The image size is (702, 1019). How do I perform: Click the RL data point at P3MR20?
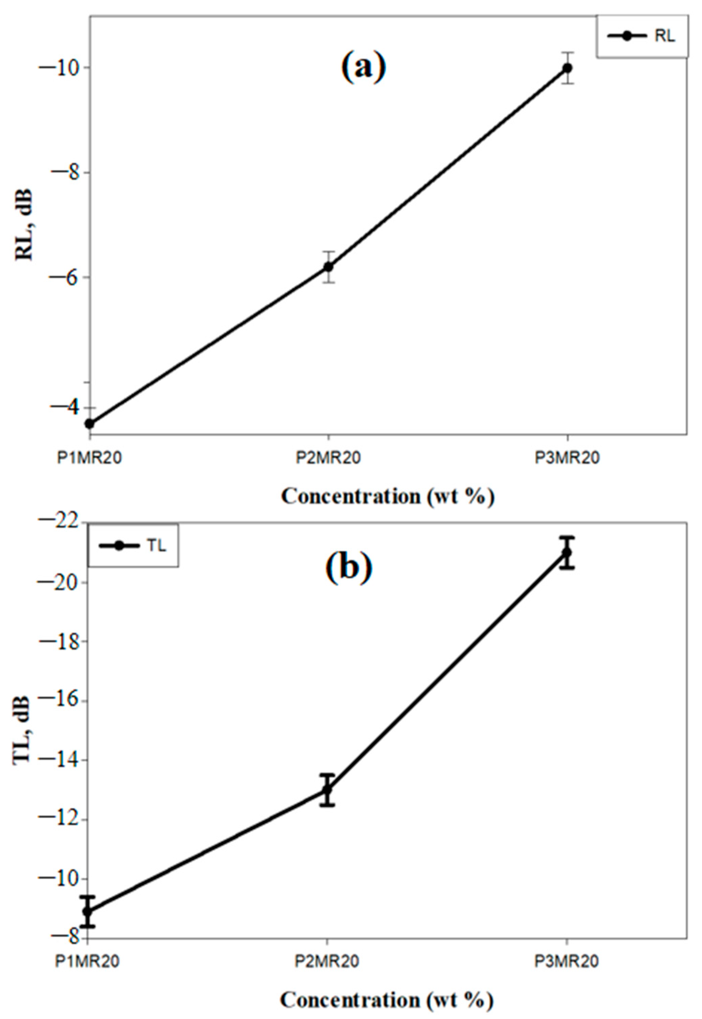click(567, 68)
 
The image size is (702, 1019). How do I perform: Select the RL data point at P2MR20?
click(328, 267)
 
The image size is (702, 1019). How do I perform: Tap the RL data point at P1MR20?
click(90, 424)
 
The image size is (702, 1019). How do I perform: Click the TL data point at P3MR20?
click(567, 552)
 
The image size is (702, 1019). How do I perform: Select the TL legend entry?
click(133, 546)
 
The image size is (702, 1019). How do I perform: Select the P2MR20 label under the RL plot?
click(328, 458)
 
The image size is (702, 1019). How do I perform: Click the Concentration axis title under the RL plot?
click(388, 497)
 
